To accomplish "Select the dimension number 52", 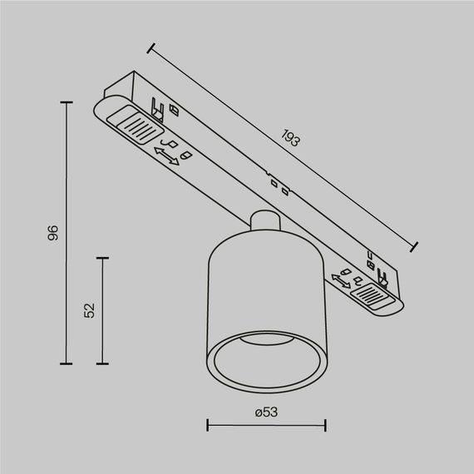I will pyautogui.click(x=90, y=309).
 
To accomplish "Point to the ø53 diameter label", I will pyautogui.click(x=265, y=411).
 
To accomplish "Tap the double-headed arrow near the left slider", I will pyautogui.click(x=167, y=156).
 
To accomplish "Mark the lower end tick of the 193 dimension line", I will pyautogui.click(x=416, y=246).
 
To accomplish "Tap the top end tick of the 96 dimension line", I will pyautogui.click(x=67, y=101).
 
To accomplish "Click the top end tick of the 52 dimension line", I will pyautogui.click(x=102, y=259).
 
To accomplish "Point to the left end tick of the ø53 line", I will pyautogui.click(x=207, y=427).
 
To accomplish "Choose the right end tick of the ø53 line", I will pyautogui.click(x=325, y=427).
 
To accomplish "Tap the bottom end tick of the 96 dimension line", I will pyautogui.click(x=67, y=364).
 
